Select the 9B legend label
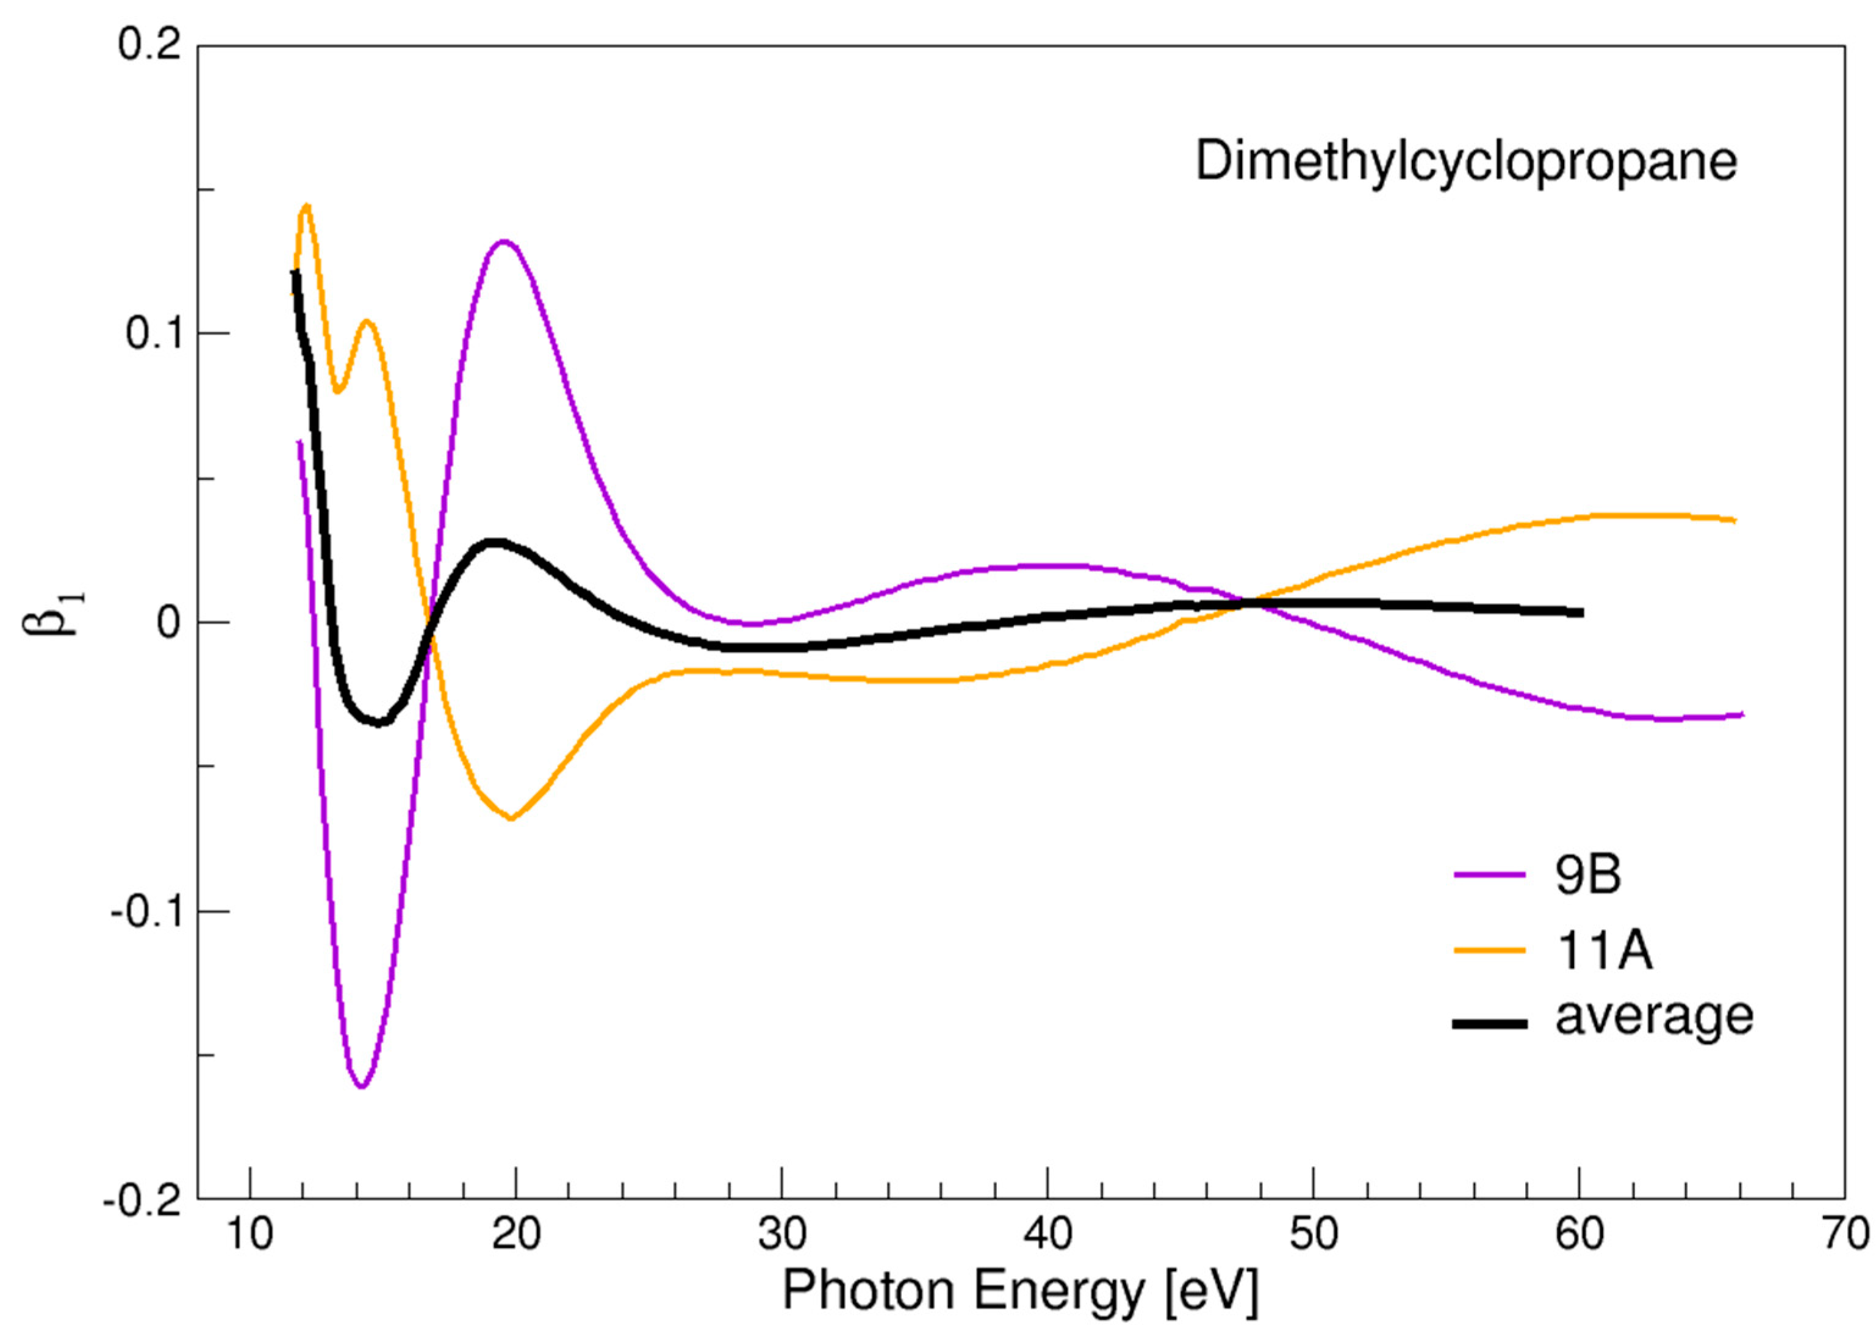(1587, 875)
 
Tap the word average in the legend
(1654, 1016)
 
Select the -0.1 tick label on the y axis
(145, 912)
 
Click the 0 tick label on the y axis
(168, 624)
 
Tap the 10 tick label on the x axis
(250, 1235)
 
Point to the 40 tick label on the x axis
(1047, 1235)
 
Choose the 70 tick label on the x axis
(1843, 1235)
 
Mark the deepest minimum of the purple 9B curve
(361, 1087)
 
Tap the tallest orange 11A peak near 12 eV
(307, 205)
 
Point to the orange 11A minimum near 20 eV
(512, 818)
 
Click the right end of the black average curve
(1581, 612)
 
